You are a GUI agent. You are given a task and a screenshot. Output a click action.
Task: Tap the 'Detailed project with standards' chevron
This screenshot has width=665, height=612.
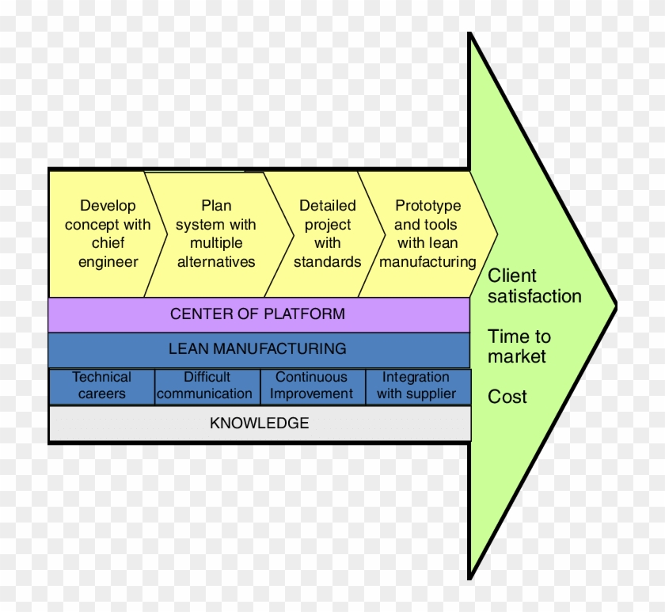[327, 234]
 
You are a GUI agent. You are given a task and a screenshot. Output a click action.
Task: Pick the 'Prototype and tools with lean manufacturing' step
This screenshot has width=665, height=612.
[427, 234]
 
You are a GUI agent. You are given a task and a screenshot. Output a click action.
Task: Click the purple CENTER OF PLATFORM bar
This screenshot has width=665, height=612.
[258, 314]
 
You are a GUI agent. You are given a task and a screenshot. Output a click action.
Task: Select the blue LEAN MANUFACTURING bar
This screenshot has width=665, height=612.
[258, 349]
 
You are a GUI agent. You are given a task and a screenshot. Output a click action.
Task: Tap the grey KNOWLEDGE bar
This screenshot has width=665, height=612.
[259, 424]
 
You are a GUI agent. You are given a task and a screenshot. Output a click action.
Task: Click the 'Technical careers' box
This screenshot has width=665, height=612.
[101, 386]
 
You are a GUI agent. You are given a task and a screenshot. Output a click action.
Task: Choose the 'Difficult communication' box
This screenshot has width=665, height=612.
[207, 386]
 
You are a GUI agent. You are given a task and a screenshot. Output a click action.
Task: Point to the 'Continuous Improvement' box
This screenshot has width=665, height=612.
[312, 386]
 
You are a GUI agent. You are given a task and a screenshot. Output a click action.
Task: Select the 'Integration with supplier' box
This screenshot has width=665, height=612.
[416, 386]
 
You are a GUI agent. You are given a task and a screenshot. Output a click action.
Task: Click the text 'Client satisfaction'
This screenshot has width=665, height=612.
[534, 287]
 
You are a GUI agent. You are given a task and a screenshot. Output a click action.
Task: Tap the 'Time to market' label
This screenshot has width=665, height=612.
[519, 347]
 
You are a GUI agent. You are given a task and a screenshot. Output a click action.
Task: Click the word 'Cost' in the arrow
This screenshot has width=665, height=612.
[507, 397]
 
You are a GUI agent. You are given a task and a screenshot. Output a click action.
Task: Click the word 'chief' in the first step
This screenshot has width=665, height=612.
[108, 243]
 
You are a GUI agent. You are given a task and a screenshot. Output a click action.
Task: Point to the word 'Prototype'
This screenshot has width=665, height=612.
[427, 206]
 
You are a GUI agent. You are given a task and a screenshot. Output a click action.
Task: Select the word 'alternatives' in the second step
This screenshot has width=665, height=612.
[216, 262]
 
